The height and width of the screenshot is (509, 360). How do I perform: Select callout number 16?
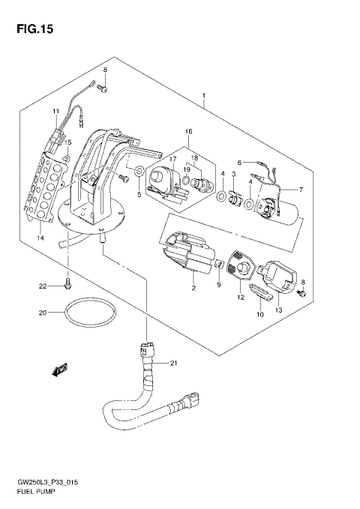[x=188, y=131]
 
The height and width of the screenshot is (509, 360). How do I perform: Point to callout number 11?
[x=55, y=112]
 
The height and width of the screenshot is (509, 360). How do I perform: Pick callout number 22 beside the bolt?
[x=43, y=286]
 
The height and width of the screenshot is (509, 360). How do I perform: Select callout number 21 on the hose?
[x=173, y=364]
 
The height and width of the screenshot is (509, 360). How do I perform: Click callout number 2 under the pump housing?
[x=193, y=288]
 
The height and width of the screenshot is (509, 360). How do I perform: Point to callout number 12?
[x=240, y=298]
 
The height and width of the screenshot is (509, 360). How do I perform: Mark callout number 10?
[x=259, y=316]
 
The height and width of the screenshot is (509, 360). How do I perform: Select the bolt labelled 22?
[x=68, y=284]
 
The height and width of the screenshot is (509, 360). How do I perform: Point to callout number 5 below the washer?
[x=139, y=195]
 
